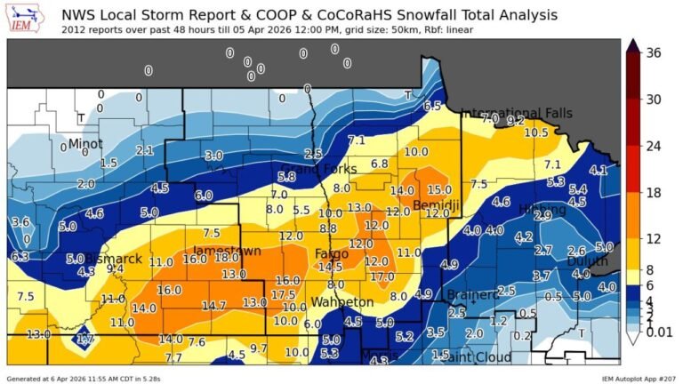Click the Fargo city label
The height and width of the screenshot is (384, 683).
(x=325, y=254)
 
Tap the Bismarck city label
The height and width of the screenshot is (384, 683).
(x=113, y=259)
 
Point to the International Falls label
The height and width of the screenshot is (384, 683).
(x=517, y=113)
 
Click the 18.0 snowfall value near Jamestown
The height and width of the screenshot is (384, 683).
(x=228, y=258)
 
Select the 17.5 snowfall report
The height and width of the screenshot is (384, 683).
(x=283, y=294)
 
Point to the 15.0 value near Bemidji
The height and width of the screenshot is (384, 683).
(x=438, y=189)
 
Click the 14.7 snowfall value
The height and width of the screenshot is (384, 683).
(x=213, y=305)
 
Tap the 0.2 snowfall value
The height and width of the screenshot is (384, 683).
(x=522, y=335)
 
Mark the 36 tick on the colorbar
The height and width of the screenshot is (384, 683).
(x=654, y=53)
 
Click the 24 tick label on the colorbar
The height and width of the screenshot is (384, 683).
(x=654, y=145)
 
